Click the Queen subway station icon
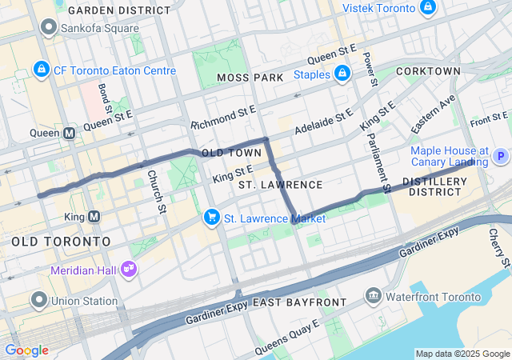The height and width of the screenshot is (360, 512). coord(70,133)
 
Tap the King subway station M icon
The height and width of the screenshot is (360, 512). coord(94,217)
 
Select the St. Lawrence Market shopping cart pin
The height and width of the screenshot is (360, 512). coord(212,217)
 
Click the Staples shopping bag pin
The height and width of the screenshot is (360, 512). coord(342,74)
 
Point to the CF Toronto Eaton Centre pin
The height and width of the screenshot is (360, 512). coord(41,70)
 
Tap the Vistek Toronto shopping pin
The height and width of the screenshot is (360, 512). coord(428,8)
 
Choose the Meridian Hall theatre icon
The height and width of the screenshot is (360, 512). coord(127,270)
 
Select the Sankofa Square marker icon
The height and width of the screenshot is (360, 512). coord(49,27)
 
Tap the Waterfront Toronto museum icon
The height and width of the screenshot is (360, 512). coord(373,297)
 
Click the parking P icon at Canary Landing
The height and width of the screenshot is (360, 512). coord(501,157)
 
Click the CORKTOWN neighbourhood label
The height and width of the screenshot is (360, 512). coord(432,71)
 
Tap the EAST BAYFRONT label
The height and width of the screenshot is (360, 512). coord(299,302)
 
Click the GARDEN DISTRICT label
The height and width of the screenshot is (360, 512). coord(119,10)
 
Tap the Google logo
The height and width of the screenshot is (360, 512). coord(26,350)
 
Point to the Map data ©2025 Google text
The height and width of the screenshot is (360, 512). coord(462,354)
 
